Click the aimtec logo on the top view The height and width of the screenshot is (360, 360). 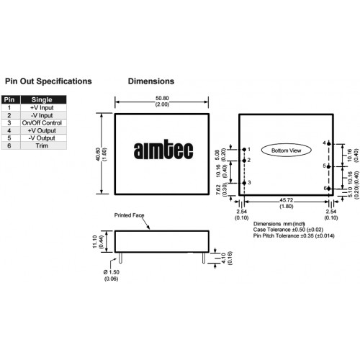coord(163,150)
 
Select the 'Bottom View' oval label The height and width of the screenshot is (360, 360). coord(286,150)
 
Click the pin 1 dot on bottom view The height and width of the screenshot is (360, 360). coord(244,149)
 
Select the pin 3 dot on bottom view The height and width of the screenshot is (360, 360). coord(244,183)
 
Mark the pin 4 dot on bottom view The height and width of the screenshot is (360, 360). coord(328,144)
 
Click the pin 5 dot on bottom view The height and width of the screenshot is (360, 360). coord(328,166)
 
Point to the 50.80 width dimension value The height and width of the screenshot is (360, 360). coord(162,98)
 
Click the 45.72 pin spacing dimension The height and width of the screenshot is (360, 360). coord(286,200)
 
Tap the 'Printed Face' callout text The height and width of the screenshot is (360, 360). coord(129,215)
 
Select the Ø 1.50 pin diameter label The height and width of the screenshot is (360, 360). coord(112,272)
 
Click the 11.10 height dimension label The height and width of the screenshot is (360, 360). coord(94,242)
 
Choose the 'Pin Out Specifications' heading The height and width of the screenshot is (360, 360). coord(48,81)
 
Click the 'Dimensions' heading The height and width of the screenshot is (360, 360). coord(151,81)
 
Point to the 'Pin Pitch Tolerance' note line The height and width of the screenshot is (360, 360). coord(294,235)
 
